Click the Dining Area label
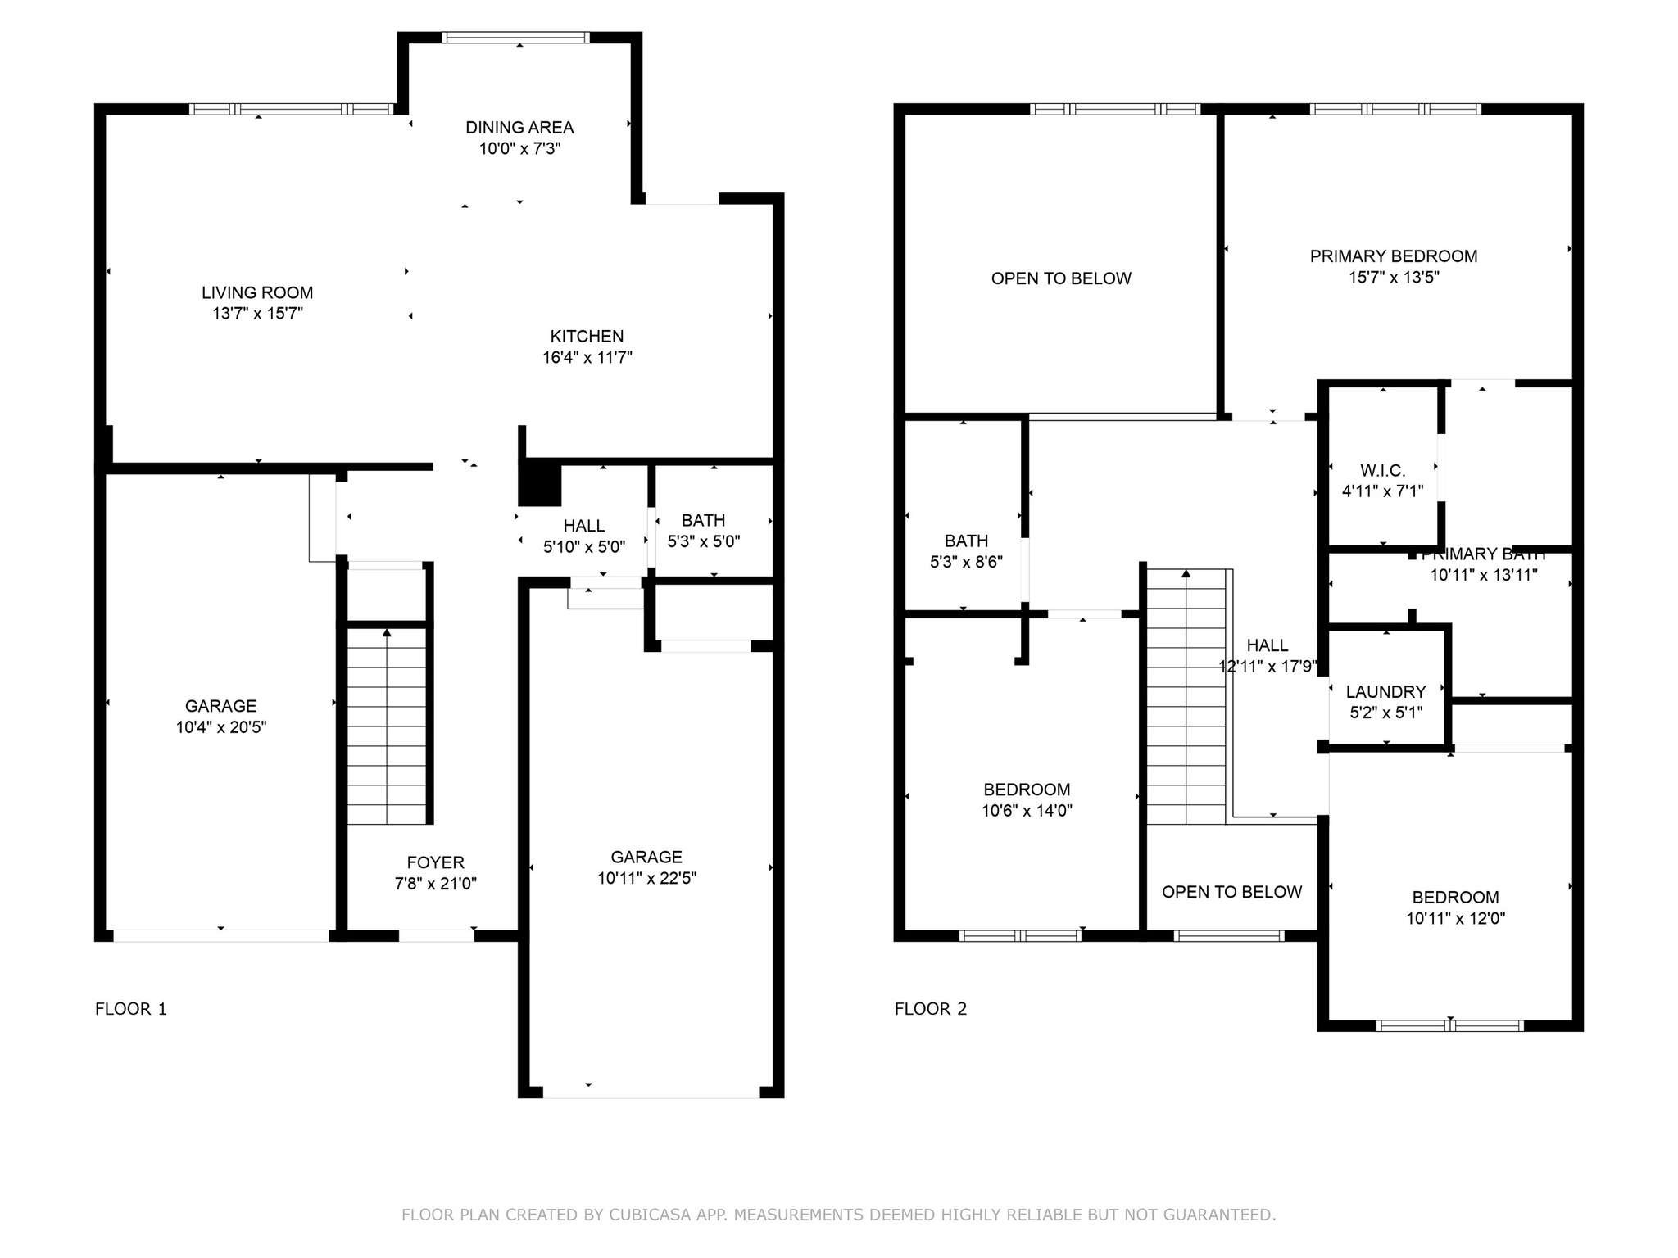[x=519, y=128]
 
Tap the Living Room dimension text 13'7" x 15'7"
[x=258, y=314]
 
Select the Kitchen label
[x=587, y=337]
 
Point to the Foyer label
[x=436, y=862]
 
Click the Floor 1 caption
[x=131, y=1009]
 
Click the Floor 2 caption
[x=931, y=1009]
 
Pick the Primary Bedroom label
[x=1394, y=256]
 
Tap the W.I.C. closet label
[x=1383, y=471]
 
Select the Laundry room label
[x=1386, y=692]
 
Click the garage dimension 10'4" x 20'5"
[x=221, y=727]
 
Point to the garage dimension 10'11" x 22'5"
[x=647, y=878]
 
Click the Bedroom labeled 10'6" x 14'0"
[x=1027, y=790]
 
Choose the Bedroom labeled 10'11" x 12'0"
[x=1456, y=898]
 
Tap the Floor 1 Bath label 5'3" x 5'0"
[x=704, y=521]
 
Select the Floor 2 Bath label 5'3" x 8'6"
[x=967, y=541]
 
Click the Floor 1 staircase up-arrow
[x=387, y=632]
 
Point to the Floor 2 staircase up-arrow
[x=1186, y=573]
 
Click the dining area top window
[x=515, y=37]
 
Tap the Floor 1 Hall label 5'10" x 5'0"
[x=584, y=527]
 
